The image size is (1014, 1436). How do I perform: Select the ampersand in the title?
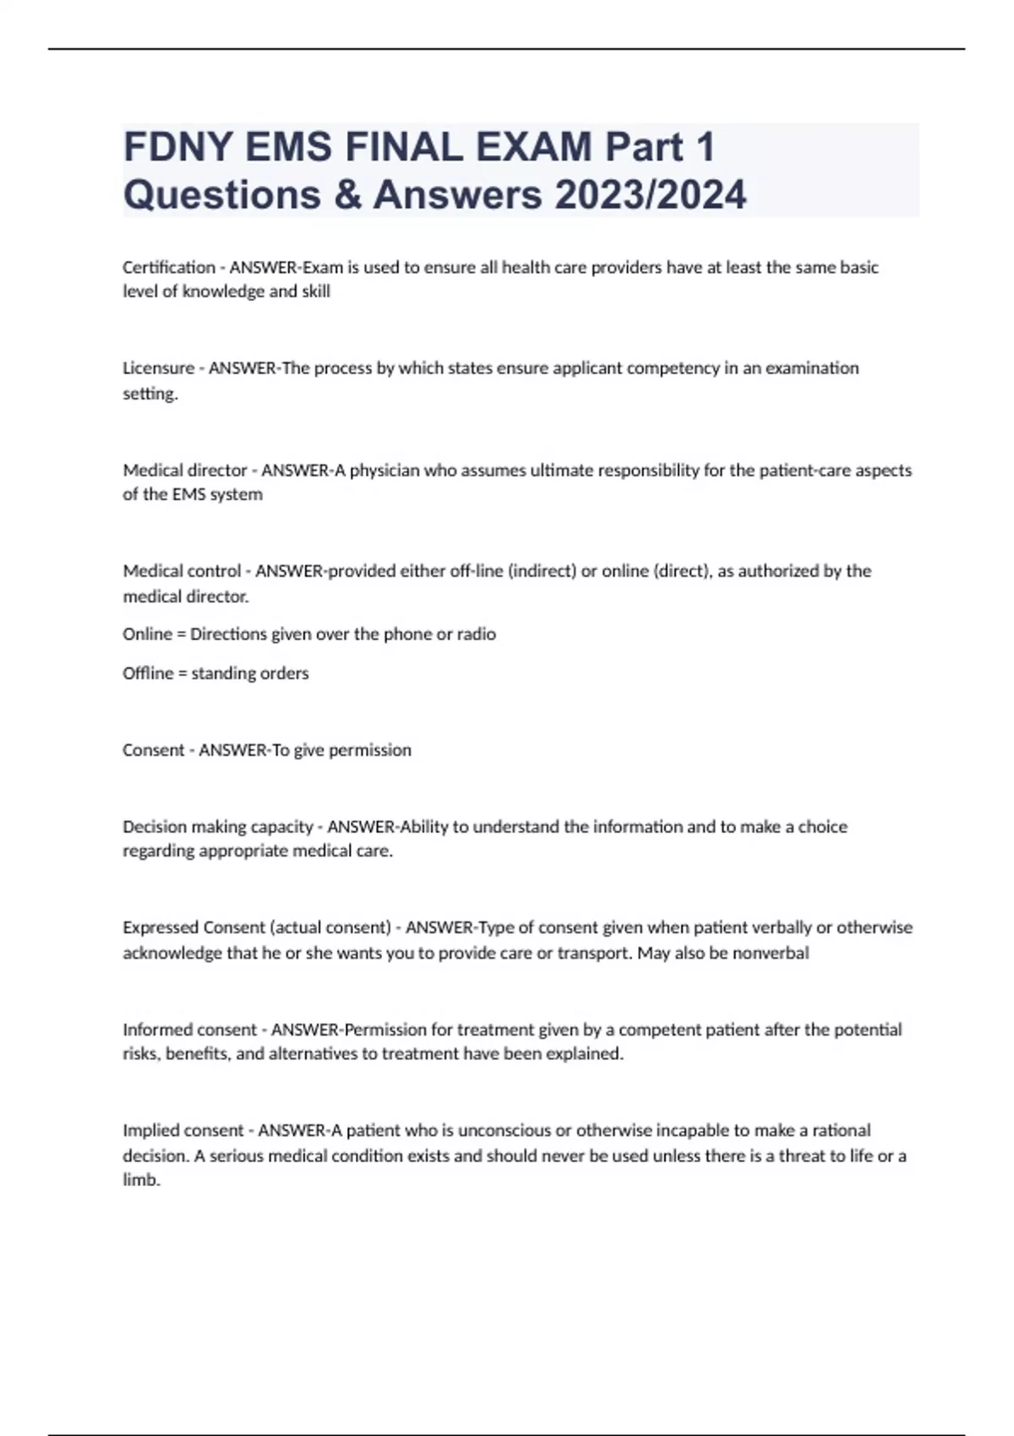coord(347,194)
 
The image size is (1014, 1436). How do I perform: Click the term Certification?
coord(169,267)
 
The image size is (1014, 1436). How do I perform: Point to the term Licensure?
coord(158,367)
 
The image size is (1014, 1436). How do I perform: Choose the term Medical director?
coord(185,470)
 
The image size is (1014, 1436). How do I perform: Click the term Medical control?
coord(182,571)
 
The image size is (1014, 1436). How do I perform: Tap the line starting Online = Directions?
coord(309,634)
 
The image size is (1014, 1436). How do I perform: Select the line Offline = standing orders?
coord(215,673)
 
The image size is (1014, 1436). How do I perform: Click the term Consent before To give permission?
coord(153,750)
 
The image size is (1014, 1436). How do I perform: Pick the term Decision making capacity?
coord(218,826)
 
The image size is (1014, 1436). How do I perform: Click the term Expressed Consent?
coord(194,927)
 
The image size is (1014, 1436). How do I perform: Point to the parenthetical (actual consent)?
coord(330,927)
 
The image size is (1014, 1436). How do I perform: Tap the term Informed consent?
coord(189,1030)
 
